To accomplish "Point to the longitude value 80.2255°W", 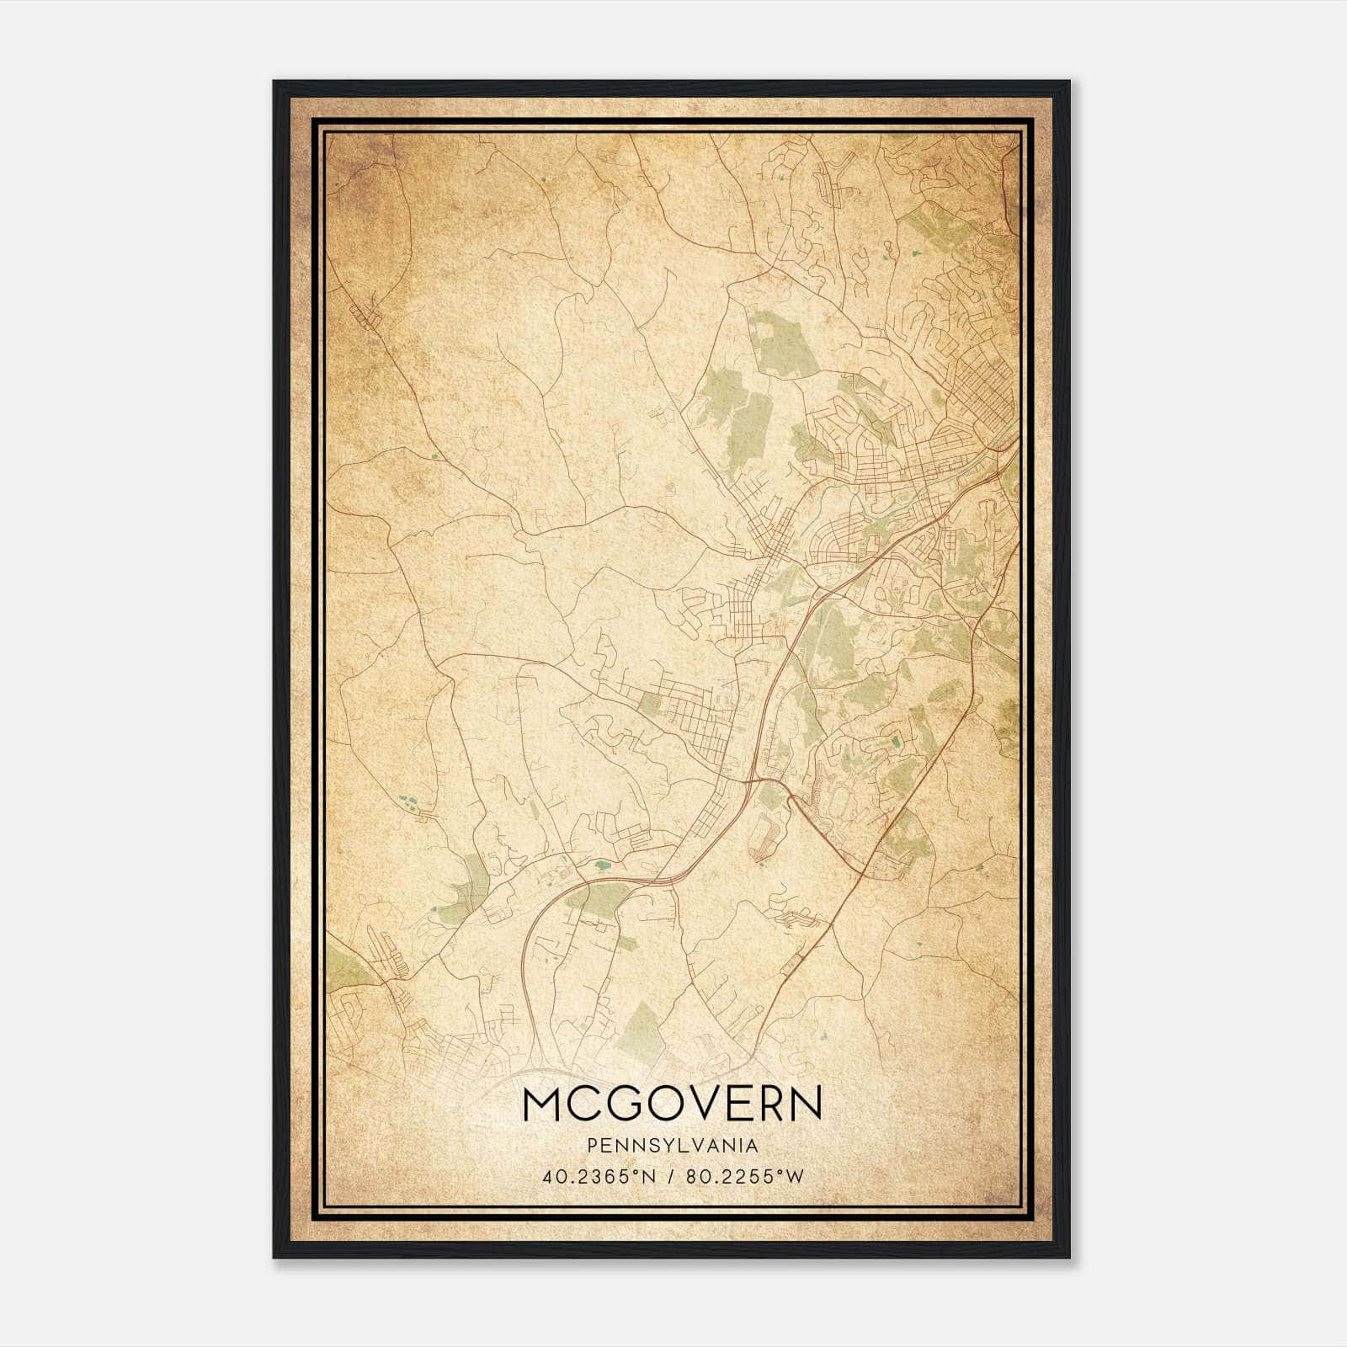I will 744,1176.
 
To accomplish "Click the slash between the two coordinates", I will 670,1176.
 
